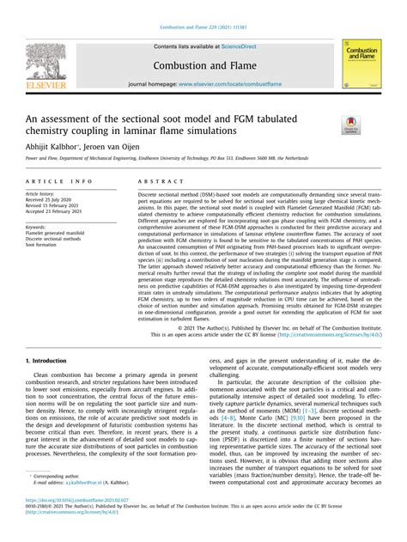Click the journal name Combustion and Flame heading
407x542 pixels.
click(x=203, y=64)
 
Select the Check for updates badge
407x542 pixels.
click(x=350, y=125)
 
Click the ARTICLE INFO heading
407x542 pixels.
click(x=59, y=182)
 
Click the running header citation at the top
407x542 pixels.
click(x=203, y=7)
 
